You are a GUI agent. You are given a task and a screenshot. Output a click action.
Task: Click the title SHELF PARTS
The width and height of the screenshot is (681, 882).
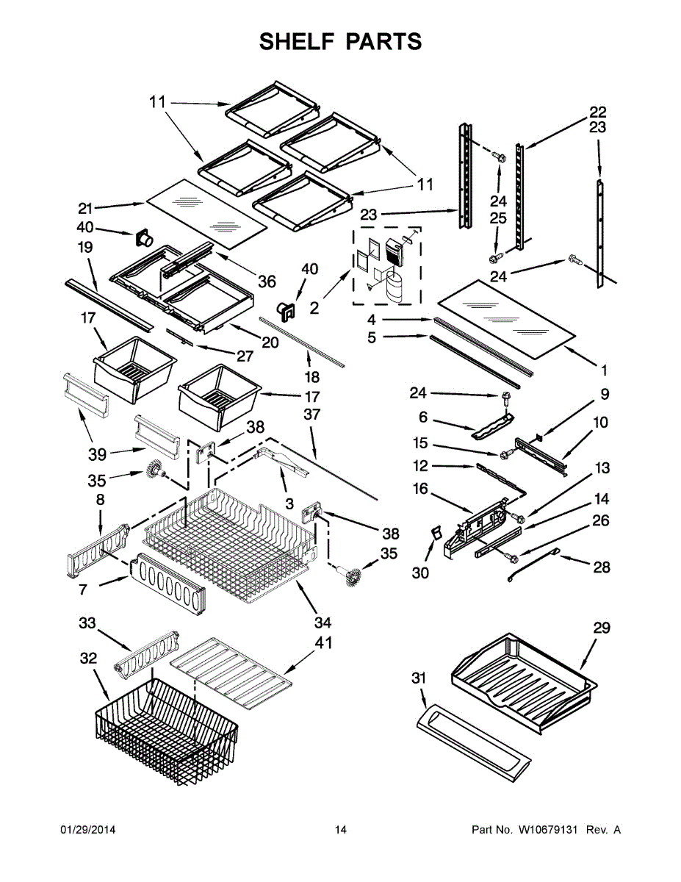click(x=340, y=41)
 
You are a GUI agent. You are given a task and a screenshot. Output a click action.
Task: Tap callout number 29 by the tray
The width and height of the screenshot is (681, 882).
click(x=602, y=628)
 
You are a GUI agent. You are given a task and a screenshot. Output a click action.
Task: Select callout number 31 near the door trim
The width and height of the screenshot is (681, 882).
click(x=419, y=678)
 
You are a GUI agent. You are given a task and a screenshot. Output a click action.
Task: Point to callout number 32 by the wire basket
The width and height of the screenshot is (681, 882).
click(x=88, y=659)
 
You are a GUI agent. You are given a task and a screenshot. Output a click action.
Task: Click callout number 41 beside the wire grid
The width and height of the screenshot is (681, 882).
click(x=323, y=642)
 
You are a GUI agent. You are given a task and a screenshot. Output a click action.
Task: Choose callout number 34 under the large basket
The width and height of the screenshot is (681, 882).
click(x=323, y=623)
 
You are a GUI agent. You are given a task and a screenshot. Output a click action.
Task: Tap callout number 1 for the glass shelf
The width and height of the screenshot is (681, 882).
click(x=604, y=370)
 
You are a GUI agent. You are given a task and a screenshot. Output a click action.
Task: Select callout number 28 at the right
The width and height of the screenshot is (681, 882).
click(x=602, y=567)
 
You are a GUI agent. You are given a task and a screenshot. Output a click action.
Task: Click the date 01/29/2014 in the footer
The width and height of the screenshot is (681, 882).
click(x=87, y=830)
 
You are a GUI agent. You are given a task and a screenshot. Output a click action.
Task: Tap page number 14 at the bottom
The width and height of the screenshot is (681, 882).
click(x=340, y=830)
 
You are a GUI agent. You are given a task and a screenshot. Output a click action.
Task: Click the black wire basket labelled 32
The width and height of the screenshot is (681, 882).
click(x=165, y=731)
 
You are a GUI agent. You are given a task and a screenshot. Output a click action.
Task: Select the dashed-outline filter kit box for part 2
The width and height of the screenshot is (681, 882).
click(x=387, y=265)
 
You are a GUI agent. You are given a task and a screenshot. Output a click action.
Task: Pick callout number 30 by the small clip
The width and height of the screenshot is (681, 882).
click(x=420, y=573)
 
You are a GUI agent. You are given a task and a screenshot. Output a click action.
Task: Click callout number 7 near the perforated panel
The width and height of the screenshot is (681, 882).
click(x=84, y=589)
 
